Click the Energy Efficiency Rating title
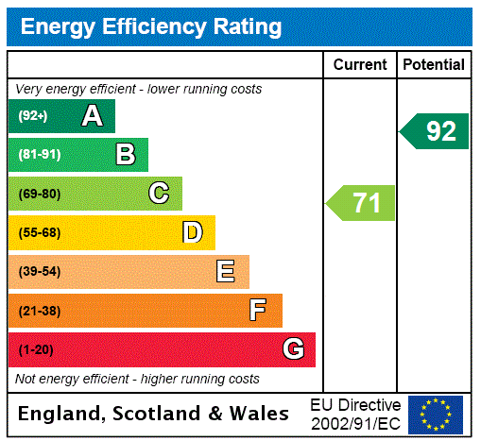click(151, 27)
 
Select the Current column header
click(360, 65)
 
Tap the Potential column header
click(434, 65)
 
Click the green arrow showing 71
click(361, 203)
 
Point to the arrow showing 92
click(435, 131)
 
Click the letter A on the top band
click(92, 116)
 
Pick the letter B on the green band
click(125, 155)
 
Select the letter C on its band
click(159, 194)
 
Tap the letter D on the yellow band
click(192, 232)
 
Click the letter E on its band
click(226, 272)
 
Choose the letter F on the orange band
click(258, 311)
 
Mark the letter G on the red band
click(293, 349)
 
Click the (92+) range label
click(32, 116)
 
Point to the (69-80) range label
click(39, 194)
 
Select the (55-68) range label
click(39, 232)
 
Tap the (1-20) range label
click(36, 349)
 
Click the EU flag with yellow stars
click(436, 414)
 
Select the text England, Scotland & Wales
click(154, 414)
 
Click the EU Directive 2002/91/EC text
click(355, 414)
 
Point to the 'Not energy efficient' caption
click(137, 379)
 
